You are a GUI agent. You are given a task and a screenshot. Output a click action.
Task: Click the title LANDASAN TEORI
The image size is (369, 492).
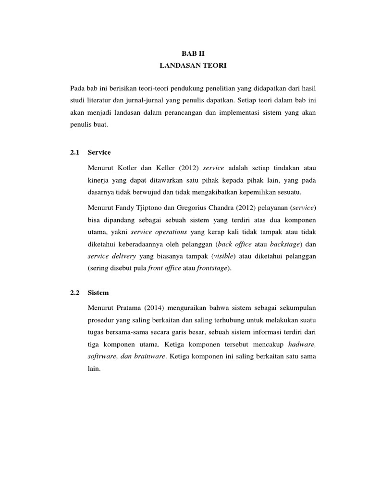184,64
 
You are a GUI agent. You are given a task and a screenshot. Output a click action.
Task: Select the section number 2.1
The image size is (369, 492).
74,152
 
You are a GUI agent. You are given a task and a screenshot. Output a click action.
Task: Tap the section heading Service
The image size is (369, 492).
99,152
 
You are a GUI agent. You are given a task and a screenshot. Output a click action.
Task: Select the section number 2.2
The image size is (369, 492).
74,292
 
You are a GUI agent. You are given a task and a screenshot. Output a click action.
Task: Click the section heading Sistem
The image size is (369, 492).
99,292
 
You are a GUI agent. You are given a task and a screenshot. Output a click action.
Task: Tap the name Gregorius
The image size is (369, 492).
197,208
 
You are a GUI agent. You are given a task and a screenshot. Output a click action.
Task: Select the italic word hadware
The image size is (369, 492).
302,344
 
